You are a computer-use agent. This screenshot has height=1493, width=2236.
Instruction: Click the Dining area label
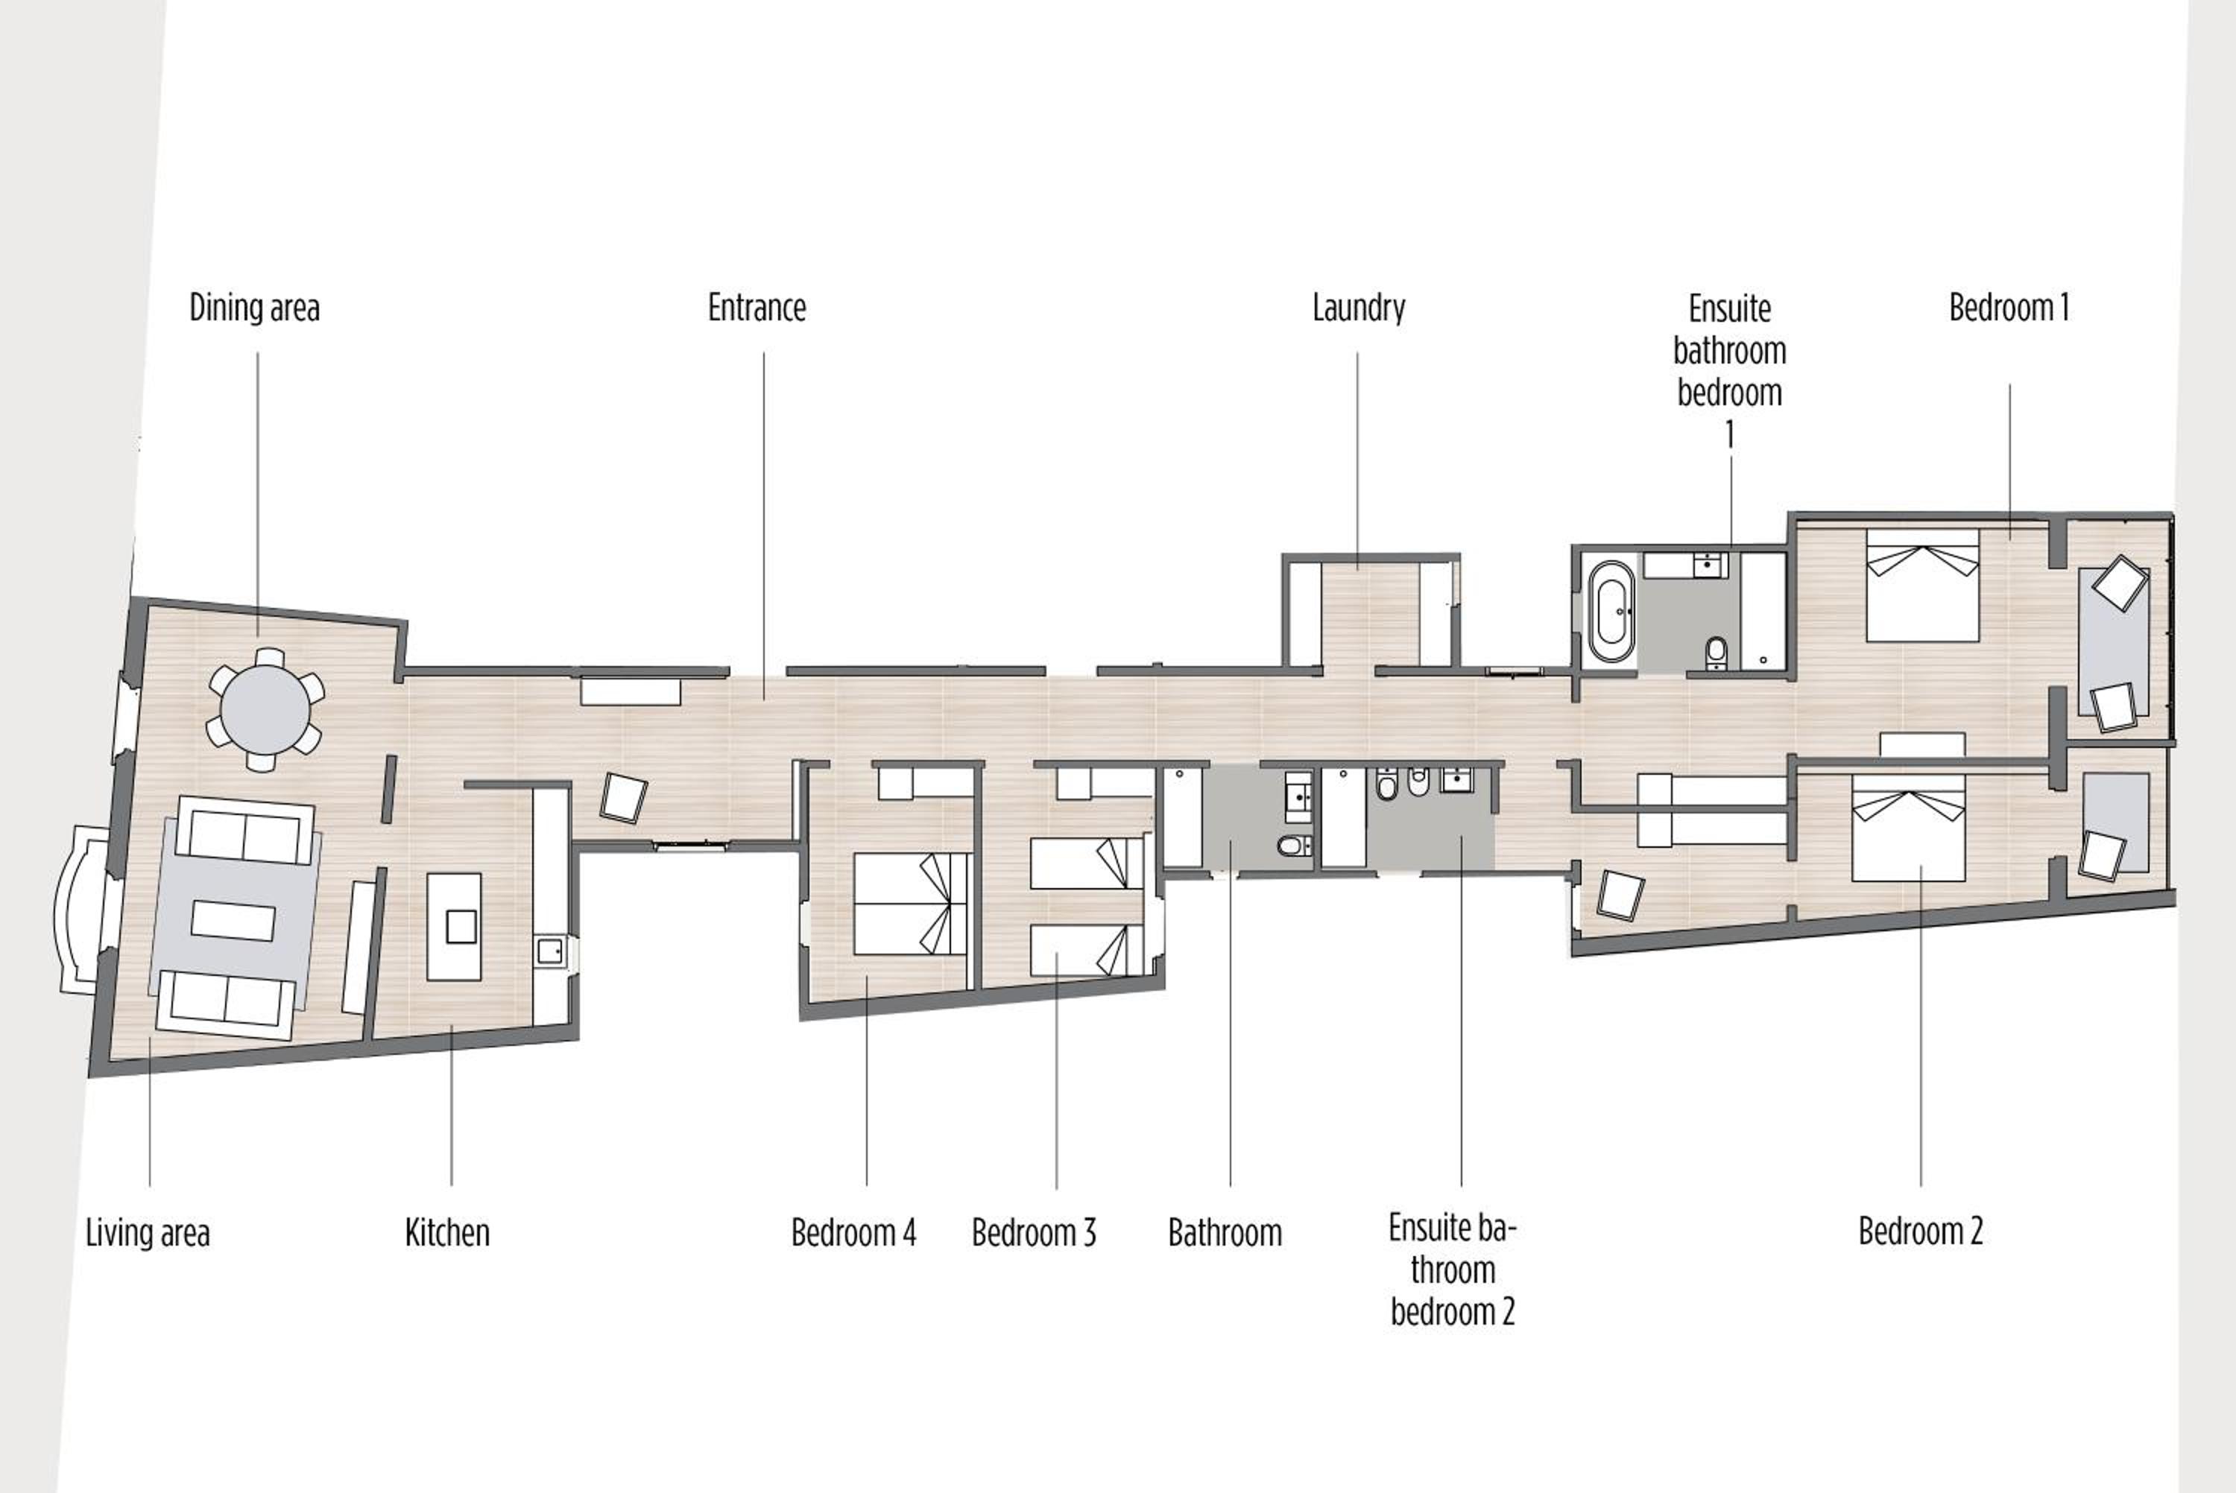tap(254, 308)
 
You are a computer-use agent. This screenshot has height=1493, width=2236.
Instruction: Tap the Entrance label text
tap(757, 308)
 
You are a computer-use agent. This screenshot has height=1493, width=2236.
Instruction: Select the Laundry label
tap(1359, 308)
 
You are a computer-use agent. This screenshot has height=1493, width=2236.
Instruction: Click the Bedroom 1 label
tap(2009, 308)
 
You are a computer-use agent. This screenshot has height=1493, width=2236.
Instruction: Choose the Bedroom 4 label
tap(854, 1232)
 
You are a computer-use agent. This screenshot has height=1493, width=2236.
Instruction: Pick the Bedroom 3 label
tap(1035, 1232)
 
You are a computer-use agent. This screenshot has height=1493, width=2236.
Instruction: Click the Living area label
tap(148, 1232)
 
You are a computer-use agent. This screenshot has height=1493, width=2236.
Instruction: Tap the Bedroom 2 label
tap(1921, 1232)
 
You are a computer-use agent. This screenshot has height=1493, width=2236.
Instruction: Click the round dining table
tap(265, 710)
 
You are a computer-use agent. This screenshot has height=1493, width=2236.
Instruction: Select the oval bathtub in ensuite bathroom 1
tap(1611, 612)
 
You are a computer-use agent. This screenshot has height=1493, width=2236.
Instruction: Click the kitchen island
tap(454, 927)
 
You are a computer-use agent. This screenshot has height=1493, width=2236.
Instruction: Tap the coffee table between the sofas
tap(233, 920)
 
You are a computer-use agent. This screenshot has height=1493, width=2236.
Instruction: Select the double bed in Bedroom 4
tap(912, 904)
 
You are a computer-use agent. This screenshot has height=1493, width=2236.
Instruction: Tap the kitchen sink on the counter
tap(549, 951)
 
